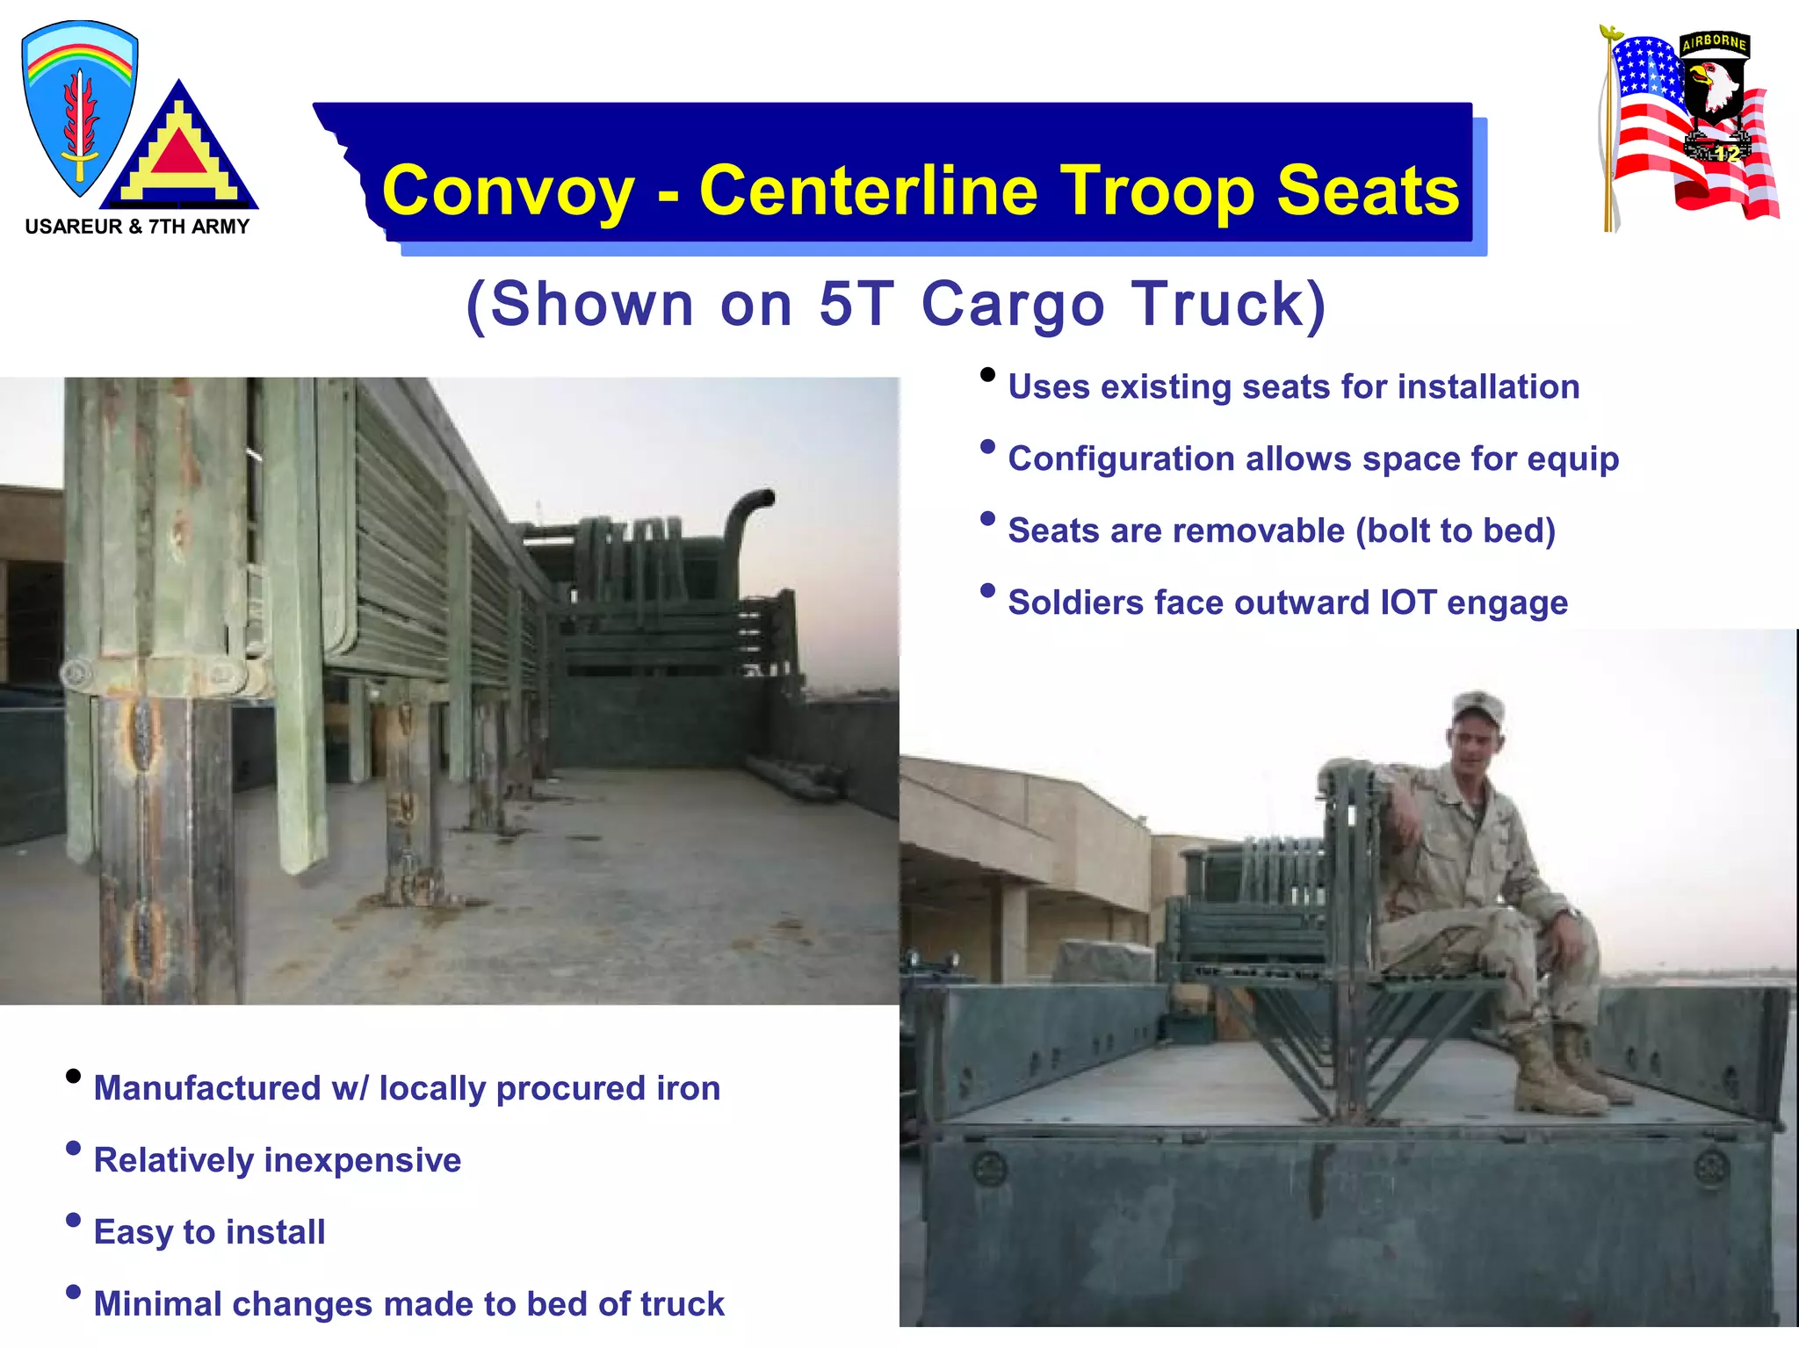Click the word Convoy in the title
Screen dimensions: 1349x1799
508,191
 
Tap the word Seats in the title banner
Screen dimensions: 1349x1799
1368,191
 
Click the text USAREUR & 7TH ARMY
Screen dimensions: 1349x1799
137,227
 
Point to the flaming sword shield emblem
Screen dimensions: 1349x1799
79,110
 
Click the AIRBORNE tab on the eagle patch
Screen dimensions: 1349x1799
1714,42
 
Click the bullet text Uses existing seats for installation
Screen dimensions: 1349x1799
1293,387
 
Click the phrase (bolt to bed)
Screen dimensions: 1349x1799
1455,531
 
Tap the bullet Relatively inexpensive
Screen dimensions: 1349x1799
277,1160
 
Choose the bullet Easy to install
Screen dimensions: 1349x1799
209,1232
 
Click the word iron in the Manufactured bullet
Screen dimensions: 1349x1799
688,1088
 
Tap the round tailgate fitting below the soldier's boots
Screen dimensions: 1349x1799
1711,1167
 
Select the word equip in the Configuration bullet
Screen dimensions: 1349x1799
1572,459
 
